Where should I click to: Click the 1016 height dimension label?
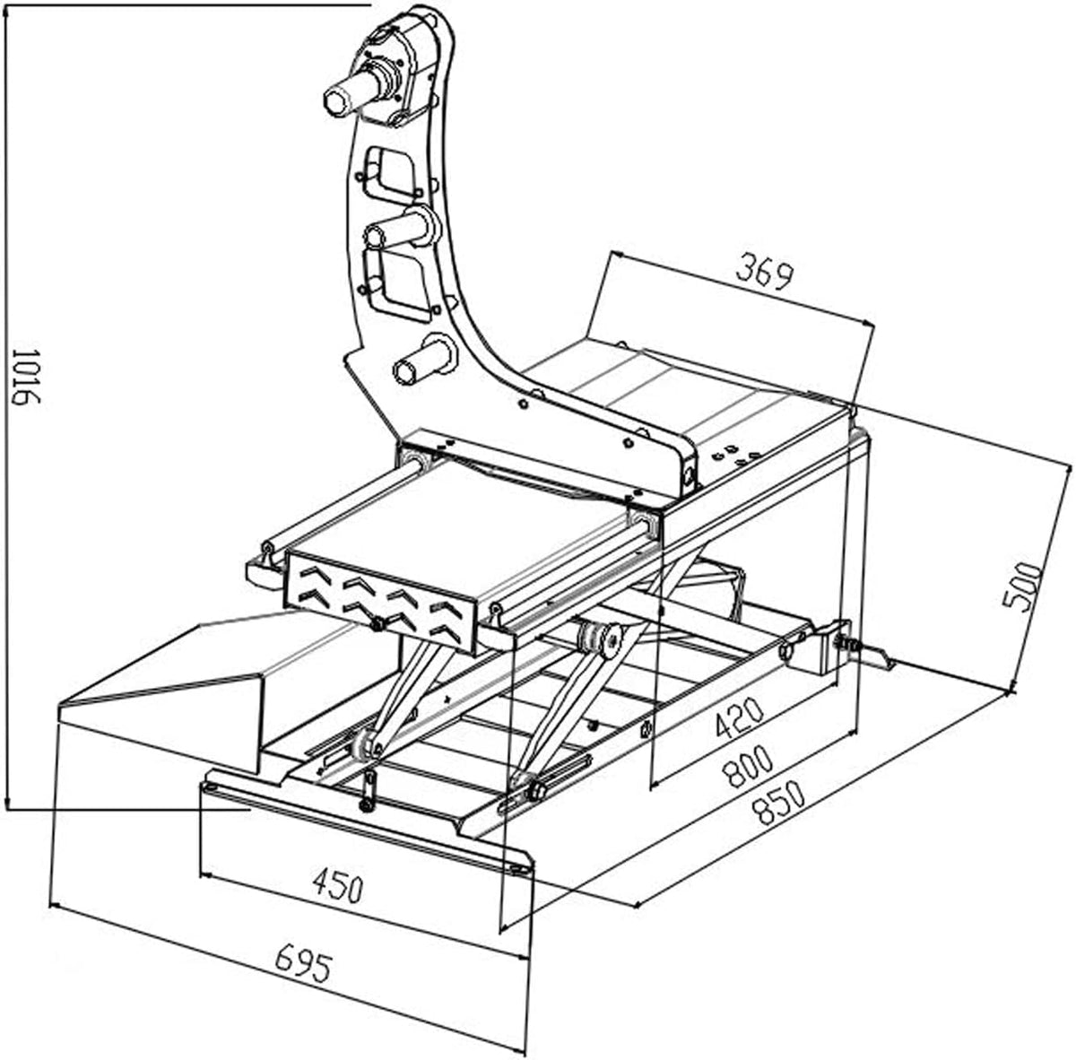26,377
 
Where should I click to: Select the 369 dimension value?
765,272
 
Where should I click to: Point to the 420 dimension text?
739,717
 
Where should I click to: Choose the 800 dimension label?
748,765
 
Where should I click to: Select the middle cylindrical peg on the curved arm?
402,228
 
